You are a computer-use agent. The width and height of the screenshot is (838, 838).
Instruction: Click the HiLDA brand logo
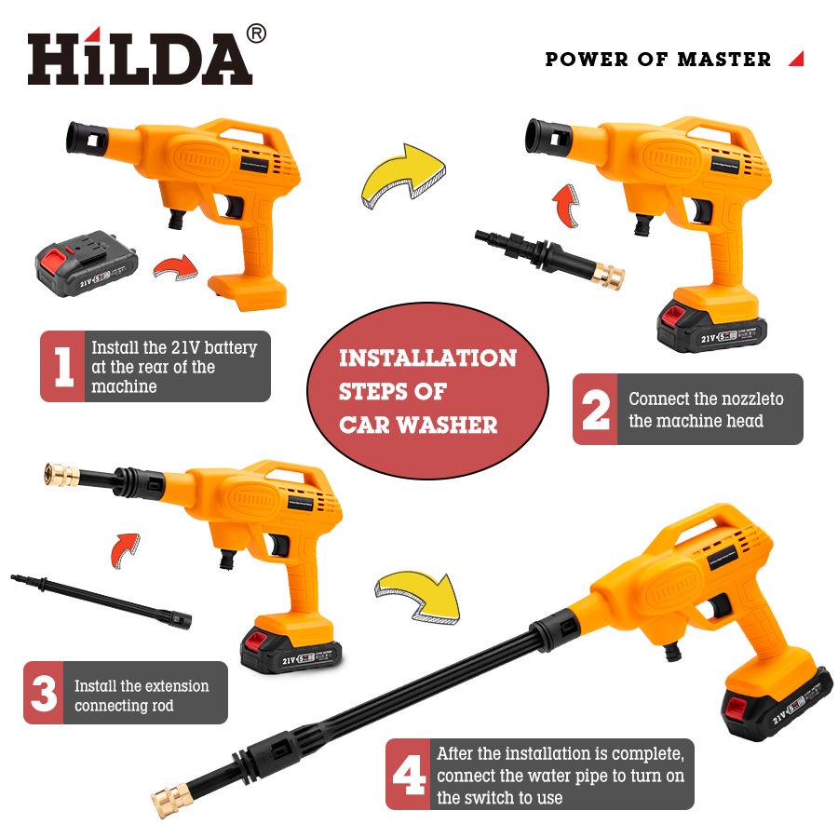click(140, 61)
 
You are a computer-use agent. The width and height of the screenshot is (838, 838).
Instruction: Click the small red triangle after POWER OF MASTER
click(795, 59)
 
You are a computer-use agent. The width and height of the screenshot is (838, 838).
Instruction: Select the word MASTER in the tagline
click(723, 60)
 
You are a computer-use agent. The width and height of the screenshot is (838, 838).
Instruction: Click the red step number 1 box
click(62, 367)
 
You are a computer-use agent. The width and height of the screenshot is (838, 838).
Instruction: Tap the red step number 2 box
click(595, 410)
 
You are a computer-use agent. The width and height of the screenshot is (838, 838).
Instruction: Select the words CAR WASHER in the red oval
click(417, 425)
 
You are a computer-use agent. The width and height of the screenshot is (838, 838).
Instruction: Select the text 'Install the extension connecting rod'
click(142, 696)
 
